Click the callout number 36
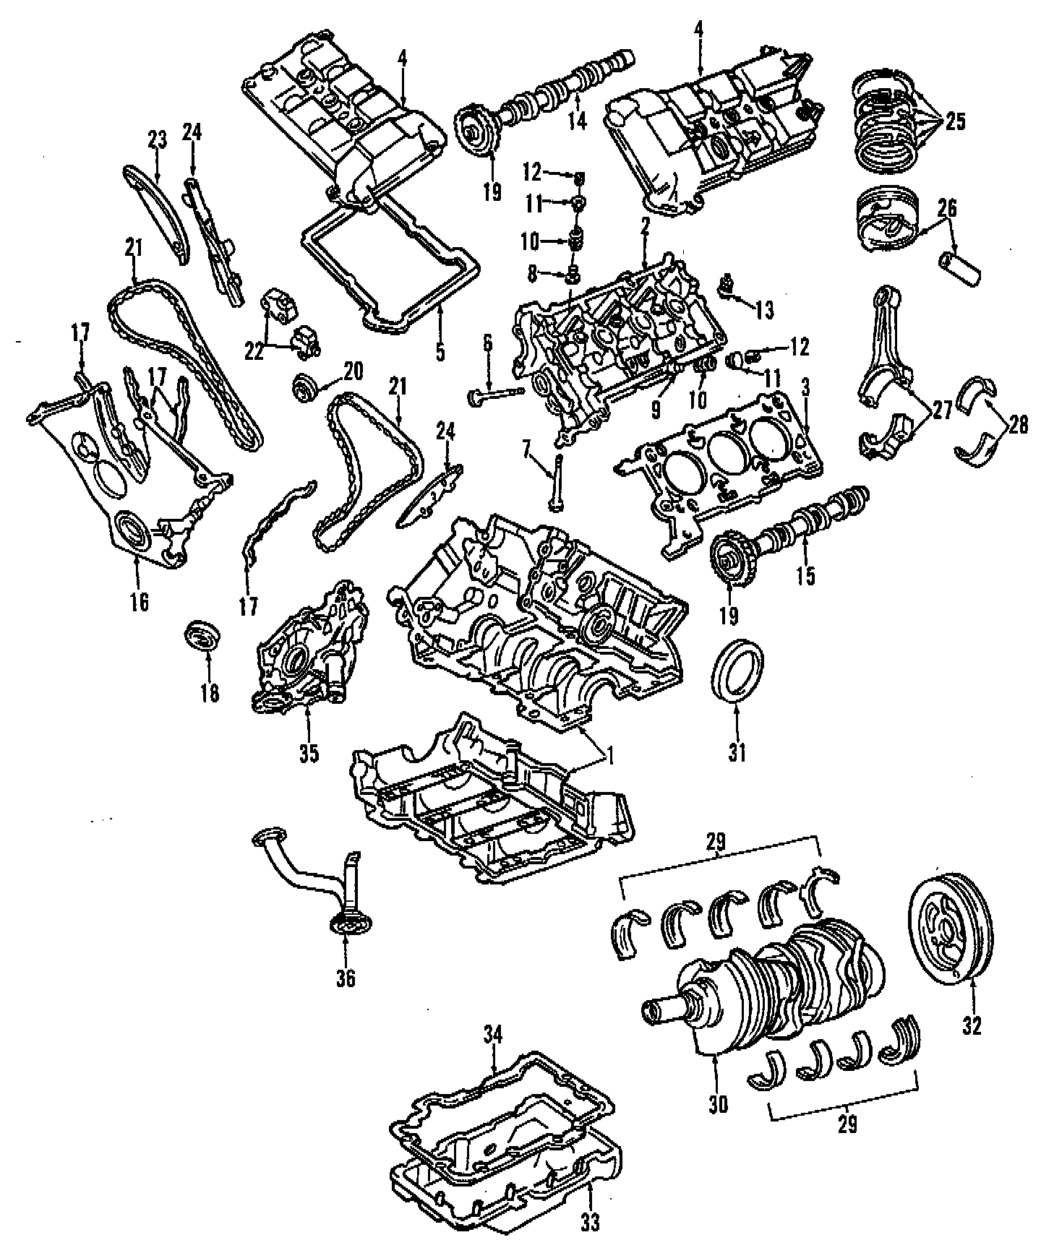346,978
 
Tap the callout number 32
972,1025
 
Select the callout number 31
737,752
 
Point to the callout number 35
309,752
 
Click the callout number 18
210,693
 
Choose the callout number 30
719,1103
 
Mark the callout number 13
764,311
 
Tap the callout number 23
158,138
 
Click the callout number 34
492,1035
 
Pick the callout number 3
805,387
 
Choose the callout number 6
488,343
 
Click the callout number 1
609,757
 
